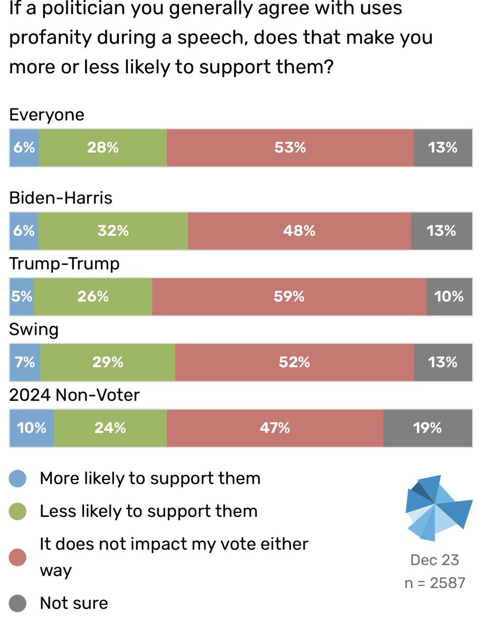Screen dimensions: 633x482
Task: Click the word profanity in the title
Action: (48, 39)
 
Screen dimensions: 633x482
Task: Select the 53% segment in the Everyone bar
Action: (290, 148)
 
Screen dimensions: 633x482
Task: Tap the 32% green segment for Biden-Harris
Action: (113, 231)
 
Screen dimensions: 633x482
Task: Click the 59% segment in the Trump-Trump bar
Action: (289, 296)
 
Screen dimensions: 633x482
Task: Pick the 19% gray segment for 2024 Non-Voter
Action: (428, 428)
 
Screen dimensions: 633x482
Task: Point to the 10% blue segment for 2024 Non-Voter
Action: (32, 428)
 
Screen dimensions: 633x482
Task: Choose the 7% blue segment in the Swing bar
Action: (25, 362)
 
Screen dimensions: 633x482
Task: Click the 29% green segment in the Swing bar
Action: (108, 362)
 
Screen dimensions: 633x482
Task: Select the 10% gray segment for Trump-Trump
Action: (449, 296)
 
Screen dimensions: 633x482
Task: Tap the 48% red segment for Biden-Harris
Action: (299, 231)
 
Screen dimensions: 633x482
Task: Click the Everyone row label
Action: (47, 115)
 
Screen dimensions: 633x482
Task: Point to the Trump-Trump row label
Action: (64, 263)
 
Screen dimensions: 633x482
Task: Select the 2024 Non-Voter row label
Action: (74, 395)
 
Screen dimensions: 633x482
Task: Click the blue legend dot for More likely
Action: (19, 479)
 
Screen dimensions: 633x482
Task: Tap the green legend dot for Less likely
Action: (19, 511)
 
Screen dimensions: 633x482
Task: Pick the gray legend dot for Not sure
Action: (19, 603)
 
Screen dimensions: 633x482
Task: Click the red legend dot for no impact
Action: (19, 557)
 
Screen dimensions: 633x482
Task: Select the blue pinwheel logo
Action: (437, 507)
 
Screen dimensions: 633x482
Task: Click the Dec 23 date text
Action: (434, 560)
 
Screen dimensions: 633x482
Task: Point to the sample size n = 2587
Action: (434, 582)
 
